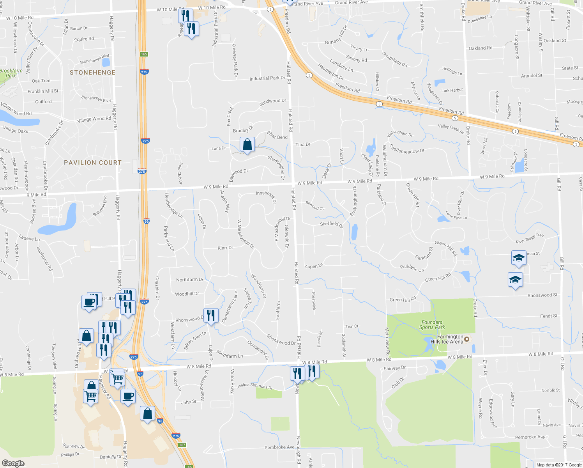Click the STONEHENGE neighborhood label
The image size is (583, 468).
point(92,73)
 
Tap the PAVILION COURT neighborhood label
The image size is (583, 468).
point(93,163)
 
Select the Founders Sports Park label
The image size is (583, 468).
point(432,325)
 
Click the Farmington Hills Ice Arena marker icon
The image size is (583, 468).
point(467,339)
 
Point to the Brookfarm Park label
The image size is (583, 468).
point(11,73)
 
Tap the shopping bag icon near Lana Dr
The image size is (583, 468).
point(247,145)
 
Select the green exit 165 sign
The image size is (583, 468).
point(144,54)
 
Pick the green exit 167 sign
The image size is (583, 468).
point(182,445)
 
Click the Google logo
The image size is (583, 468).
point(13,463)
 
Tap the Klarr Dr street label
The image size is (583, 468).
point(225,248)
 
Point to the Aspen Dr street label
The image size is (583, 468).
point(314,266)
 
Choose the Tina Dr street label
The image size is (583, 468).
point(302,144)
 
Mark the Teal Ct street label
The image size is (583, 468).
point(352,326)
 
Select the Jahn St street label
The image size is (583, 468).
point(189,402)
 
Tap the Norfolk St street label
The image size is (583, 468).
point(550,390)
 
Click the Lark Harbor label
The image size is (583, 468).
point(452,90)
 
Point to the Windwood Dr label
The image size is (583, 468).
point(273,103)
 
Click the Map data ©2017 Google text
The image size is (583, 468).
point(558,465)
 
